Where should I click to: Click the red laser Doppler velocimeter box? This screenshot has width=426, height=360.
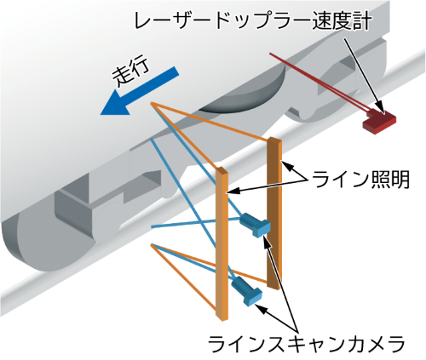click(x=379, y=120)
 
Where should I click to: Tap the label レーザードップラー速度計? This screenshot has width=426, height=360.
click(x=253, y=21)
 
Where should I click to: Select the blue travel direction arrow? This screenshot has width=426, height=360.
click(x=139, y=91)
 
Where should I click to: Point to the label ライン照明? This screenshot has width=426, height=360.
click(x=360, y=180)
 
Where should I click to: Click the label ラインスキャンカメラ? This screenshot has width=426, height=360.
click(x=306, y=343)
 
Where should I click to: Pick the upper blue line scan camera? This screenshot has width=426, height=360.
click(x=255, y=224)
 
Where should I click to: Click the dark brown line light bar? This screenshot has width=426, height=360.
click(x=274, y=213)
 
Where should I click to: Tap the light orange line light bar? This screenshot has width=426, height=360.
click(x=222, y=243)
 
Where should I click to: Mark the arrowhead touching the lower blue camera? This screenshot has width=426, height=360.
click(x=260, y=308)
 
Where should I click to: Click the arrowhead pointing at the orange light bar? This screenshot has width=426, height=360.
click(x=232, y=191)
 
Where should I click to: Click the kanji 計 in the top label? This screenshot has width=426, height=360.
click(x=362, y=21)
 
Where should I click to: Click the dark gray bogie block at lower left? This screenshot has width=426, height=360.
click(x=74, y=210)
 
